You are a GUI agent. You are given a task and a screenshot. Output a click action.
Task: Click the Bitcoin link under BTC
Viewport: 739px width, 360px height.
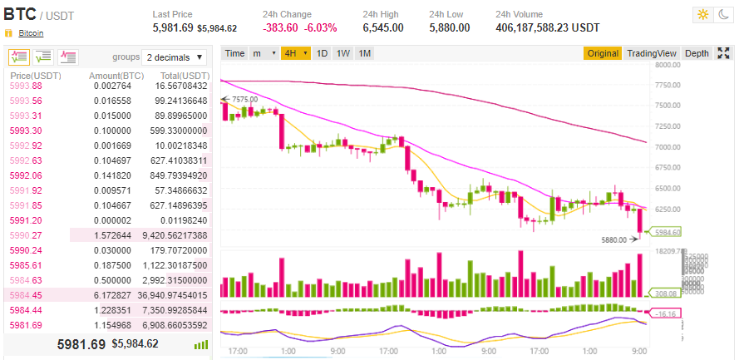coord(31,33)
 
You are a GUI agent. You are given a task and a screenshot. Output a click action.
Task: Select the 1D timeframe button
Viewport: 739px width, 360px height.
coord(322,53)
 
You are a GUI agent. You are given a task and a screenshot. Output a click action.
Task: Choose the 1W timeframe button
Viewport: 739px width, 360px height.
coord(342,53)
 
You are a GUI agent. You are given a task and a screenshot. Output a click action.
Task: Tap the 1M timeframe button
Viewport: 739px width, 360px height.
coord(364,53)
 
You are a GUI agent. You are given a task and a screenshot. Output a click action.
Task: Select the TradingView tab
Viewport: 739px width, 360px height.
coord(652,53)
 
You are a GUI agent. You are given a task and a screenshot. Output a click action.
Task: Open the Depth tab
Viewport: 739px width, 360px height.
coord(697,53)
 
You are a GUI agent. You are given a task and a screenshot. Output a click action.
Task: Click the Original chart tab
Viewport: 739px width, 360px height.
coord(603,53)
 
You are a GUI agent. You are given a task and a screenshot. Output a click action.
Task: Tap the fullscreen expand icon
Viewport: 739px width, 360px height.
coord(723,53)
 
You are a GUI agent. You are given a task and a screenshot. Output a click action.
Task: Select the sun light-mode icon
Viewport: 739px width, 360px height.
coord(703,15)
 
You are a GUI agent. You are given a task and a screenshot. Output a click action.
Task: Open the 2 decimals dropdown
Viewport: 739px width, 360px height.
coord(175,57)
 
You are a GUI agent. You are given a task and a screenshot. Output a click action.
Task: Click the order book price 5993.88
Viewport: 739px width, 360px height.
coord(25,86)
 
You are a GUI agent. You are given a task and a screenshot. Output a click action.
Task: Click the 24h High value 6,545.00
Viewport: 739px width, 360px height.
coord(383,27)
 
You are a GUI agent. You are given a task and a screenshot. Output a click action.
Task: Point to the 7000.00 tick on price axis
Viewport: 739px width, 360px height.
coord(668,146)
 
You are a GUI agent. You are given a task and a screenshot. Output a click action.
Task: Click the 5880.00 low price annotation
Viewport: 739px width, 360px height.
coord(615,240)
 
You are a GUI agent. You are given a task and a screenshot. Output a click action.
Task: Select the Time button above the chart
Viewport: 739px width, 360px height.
coord(235,53)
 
